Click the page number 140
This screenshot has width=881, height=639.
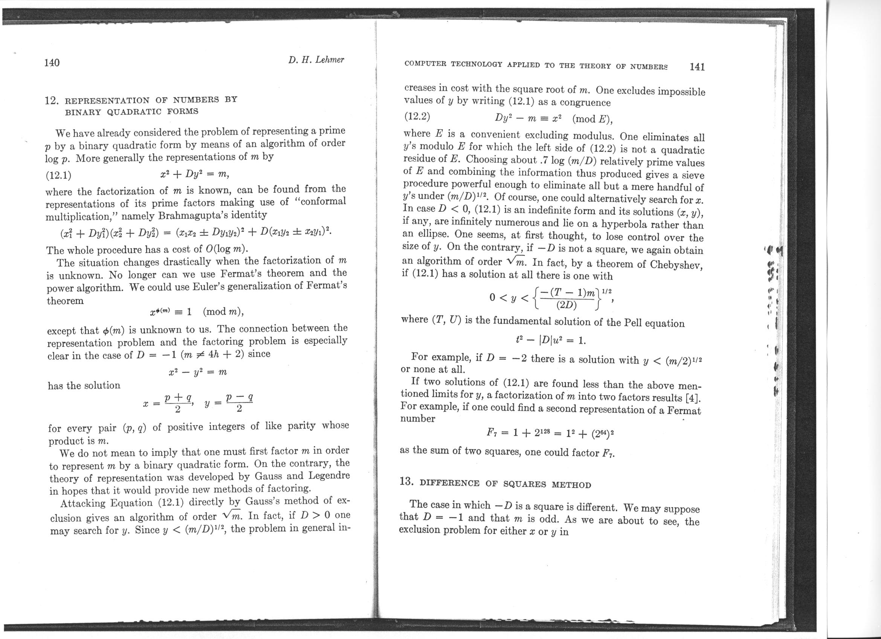[52, 63]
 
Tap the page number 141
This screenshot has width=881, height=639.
[697, 67]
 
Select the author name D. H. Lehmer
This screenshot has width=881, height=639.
[316, 60]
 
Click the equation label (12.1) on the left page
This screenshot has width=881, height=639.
[58, 175]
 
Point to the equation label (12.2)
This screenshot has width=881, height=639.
[417, 116]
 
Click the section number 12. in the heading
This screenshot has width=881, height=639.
[52, 101]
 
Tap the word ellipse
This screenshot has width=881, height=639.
[435, 234]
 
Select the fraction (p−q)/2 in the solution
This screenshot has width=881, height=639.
[239, 403]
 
